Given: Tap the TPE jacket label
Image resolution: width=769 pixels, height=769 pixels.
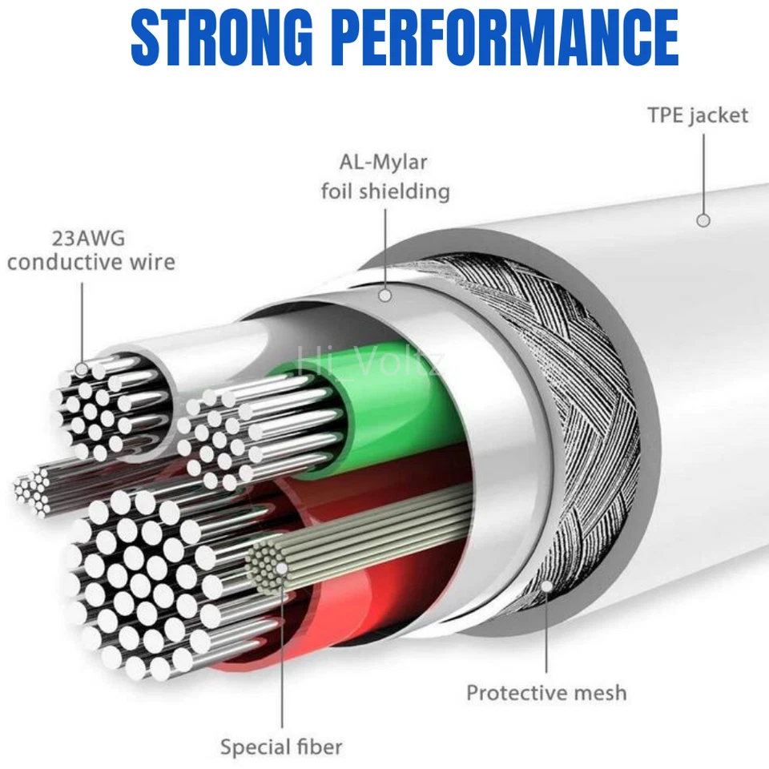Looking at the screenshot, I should (x=697, y=115).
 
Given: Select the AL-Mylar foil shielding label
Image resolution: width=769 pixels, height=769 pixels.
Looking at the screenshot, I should (x=385, y=177).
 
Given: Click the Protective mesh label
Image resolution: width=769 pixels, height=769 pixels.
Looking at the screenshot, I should (x=546, y=692).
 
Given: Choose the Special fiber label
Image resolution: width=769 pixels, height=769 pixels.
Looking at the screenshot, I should (x=281, y=747).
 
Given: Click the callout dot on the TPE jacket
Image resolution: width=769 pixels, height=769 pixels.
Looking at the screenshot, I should (x=703, y=219).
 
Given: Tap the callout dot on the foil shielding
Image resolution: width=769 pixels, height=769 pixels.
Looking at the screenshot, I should (x=385, y=295).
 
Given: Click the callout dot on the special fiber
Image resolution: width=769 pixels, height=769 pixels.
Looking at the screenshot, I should (x=281, y=569).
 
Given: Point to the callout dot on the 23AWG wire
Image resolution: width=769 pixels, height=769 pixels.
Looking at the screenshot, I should (x=82, y=368).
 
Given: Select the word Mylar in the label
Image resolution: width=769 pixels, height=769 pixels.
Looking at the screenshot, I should (x=398, y=163).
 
